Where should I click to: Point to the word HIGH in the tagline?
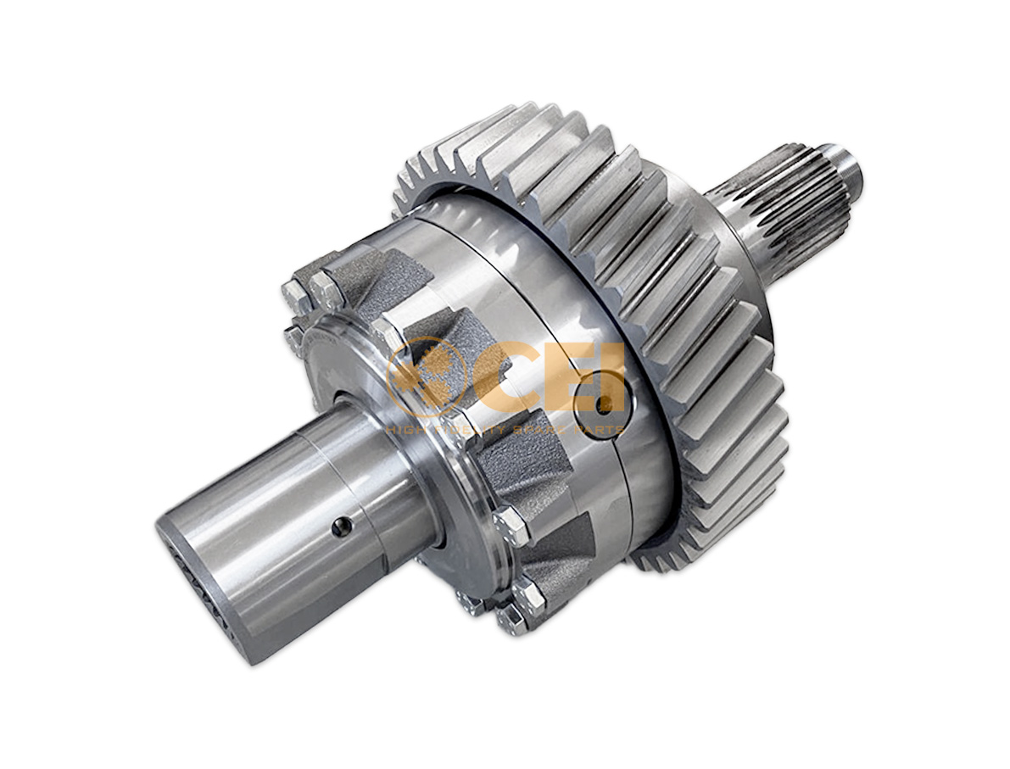(x=405, y=430)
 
